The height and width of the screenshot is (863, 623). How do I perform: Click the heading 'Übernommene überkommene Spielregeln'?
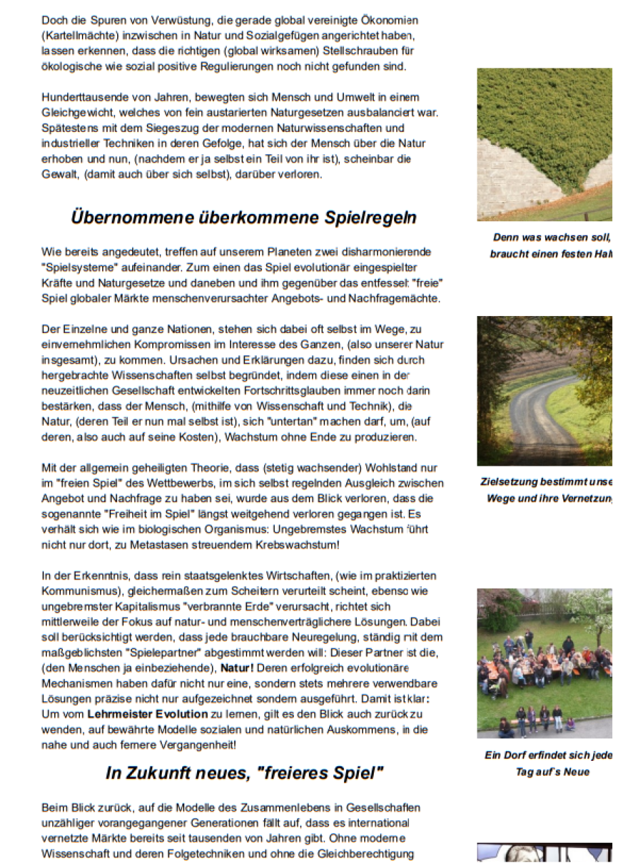coord(243,217)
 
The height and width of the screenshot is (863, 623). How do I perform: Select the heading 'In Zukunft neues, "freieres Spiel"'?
coord(244,772)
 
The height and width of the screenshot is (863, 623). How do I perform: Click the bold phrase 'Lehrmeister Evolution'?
coord(148,714)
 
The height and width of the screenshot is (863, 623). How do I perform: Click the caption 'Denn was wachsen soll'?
coord(550,238)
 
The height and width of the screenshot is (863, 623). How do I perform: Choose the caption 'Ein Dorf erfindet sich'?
coord(548,755)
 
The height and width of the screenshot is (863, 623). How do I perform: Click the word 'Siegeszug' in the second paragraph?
coord(179,128)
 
